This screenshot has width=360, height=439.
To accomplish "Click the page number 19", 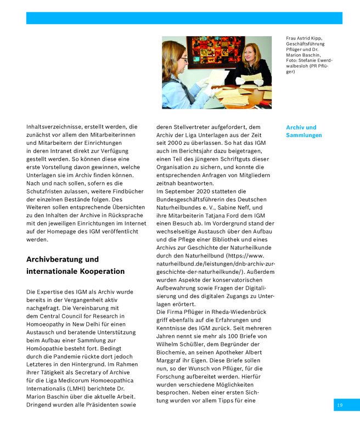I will (340, 405).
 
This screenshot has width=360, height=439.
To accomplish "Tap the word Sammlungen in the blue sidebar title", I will (304, 135).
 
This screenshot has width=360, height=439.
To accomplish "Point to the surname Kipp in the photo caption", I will (317, 38).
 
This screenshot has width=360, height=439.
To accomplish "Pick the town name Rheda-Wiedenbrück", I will (233, 312).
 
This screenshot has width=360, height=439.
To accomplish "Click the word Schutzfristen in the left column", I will (48, 192).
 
